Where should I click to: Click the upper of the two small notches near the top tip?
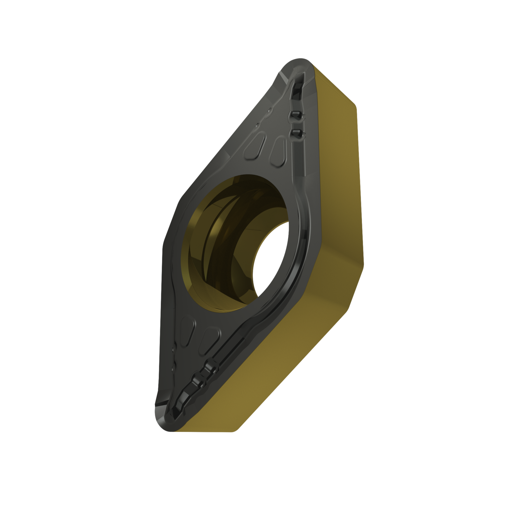[x=295, y=115]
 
